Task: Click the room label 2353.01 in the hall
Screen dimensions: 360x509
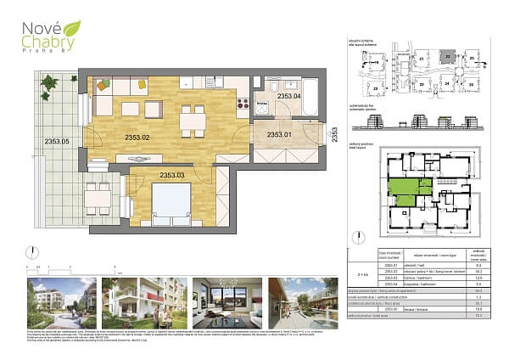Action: click(278, 134)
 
